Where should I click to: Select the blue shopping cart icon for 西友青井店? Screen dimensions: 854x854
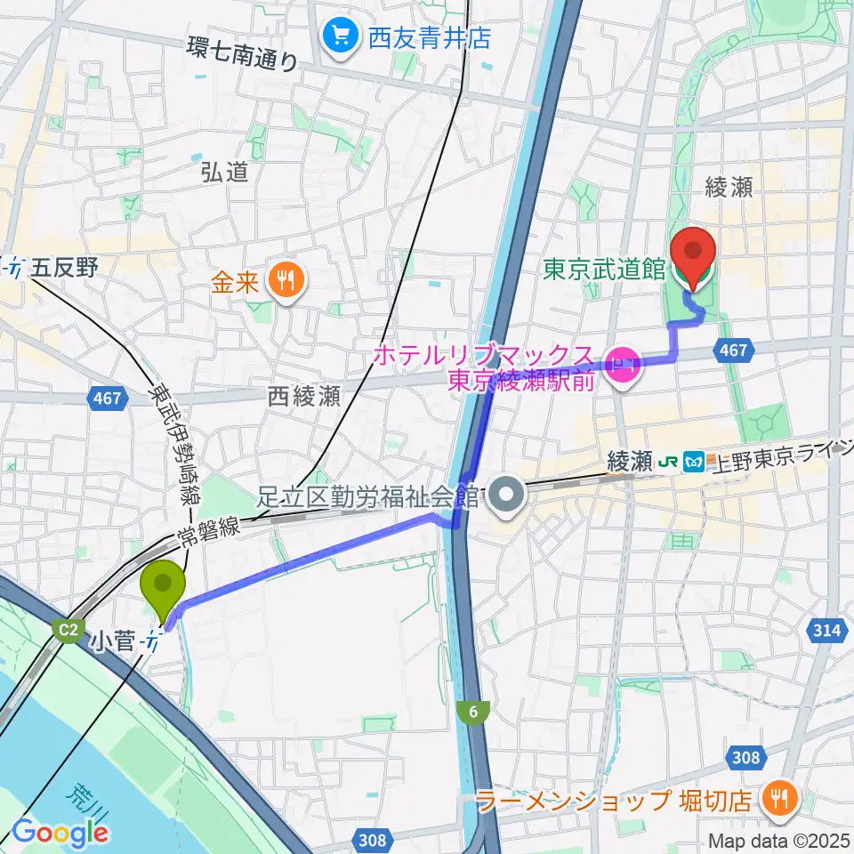tap(340, 36)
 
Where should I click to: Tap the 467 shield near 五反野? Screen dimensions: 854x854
tap(106, 399)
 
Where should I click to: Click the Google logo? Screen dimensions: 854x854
tap(60, 832)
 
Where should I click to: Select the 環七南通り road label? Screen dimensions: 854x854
tap(243, 57)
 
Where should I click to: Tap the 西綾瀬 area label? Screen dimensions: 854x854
tap(304, 396)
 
